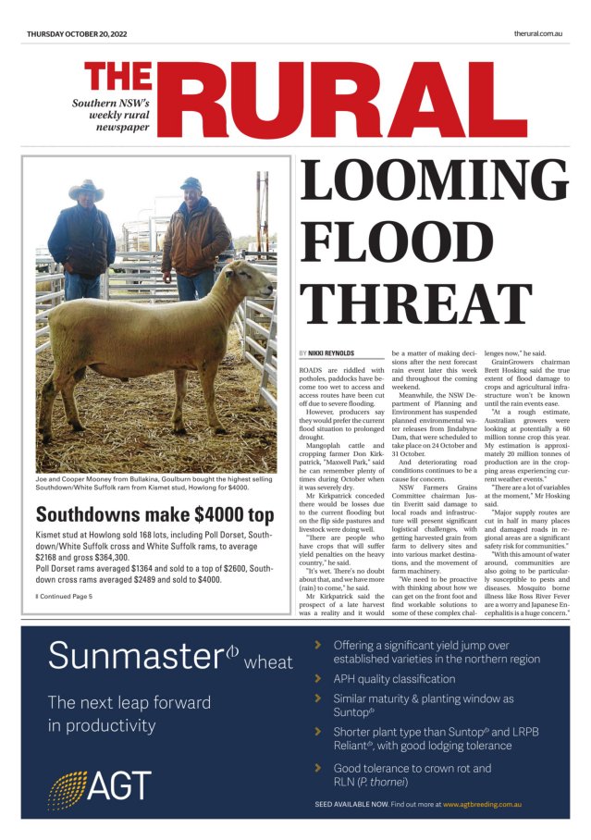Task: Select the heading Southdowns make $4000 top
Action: (154, 514)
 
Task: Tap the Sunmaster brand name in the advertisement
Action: (143, 657)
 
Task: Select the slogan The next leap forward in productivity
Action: (117, 713)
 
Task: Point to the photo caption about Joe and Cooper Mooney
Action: (155, 486)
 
